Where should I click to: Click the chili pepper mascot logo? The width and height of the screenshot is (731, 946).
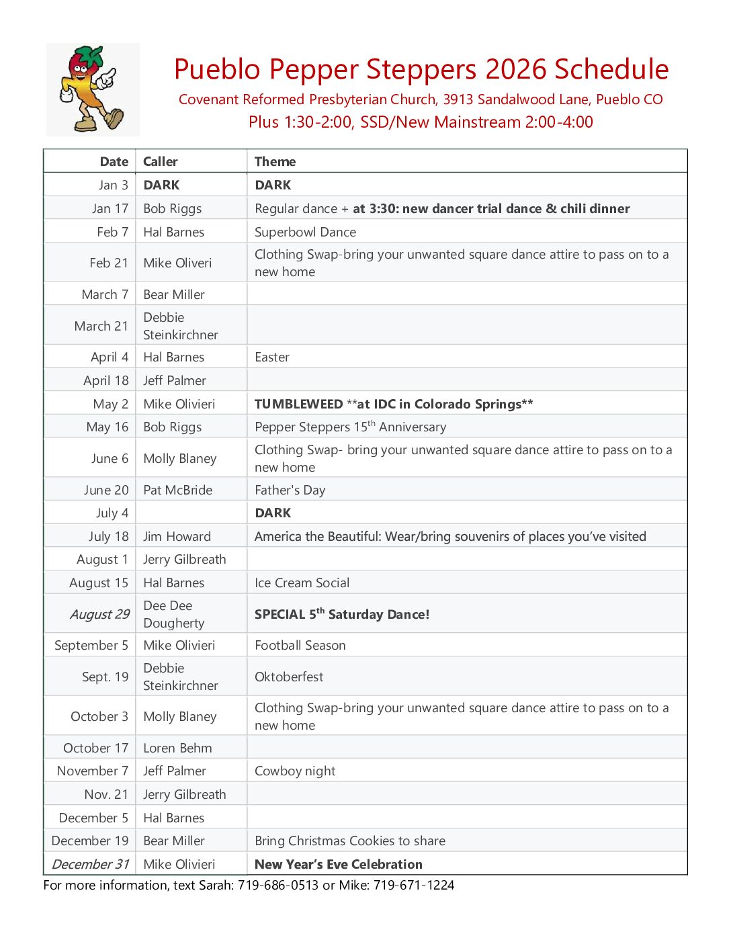(x=93, y=89)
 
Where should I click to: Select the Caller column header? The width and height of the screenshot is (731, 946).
(x=160, y=161)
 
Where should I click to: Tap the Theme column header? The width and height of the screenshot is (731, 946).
(x=275, y=161)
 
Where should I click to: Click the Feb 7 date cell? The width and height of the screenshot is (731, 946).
(x=112, y=232)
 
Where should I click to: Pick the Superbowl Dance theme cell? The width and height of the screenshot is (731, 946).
(x=305, y=232)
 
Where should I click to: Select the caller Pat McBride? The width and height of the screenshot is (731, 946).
(x=177, y=490)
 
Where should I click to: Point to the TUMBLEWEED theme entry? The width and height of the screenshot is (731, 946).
(x=299, y=404)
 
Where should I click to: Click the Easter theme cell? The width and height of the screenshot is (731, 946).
(x=271, y=357)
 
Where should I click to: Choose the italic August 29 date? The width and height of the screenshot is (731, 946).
(x=99, y=614)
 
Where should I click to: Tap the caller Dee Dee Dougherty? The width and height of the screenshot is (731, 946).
(x=173, y=614)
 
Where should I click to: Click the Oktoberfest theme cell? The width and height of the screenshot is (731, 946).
(x=289, y=677)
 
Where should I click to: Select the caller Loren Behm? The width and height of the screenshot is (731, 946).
(x=177, y=748)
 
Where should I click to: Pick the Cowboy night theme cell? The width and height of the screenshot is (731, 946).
(x=295, y=771)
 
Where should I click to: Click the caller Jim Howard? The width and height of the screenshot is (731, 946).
(x=177, y=536)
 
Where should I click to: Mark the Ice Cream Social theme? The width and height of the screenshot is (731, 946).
(x=302, y=583)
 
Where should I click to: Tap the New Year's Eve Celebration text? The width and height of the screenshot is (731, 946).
(x=339, y=864)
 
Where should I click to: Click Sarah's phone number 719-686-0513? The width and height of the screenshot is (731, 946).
(x=278, y=885)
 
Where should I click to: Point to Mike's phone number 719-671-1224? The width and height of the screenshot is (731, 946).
(x=414, y=885)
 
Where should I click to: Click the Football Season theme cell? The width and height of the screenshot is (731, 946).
(x=300, y=645)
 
